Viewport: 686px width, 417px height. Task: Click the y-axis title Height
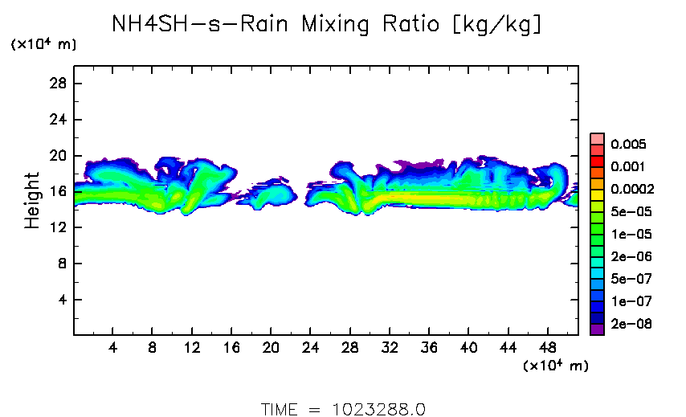32,200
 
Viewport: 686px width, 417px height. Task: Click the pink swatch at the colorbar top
597,138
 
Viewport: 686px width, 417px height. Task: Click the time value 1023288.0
378,408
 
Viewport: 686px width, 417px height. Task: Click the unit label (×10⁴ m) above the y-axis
43,45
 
